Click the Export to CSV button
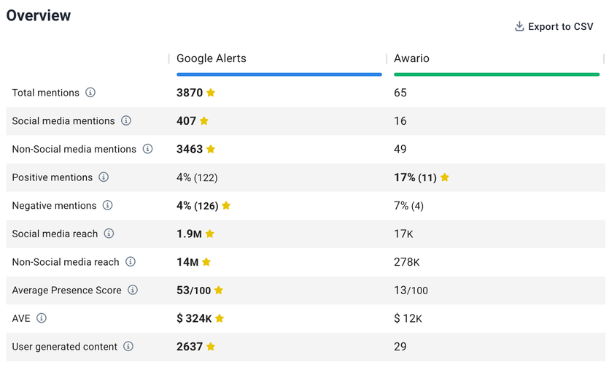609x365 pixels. point(554,26)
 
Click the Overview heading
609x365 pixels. point(39,15)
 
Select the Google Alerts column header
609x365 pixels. point(212,58)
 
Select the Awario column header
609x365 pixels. point(411,58)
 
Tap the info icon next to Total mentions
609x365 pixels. point(90,93)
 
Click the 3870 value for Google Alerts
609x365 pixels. point(189,93)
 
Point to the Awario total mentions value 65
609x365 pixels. point(400,93)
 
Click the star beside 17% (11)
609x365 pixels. point(445,177)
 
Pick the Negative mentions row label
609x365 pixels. point(53,206)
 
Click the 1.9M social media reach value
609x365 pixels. point(188,234)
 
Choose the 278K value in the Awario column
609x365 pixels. point(406,262)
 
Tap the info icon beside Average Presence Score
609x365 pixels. point(133,290)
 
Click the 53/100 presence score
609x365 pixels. point(193,291)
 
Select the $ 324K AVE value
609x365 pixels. point(194,318)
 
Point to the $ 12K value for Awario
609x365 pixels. point(408,318)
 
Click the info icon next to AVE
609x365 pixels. point(42,318)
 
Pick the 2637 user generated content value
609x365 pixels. point(189,347)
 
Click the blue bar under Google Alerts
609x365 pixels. point(279,74)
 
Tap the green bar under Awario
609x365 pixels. point(496,74)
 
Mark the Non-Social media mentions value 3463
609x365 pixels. point(189,149)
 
